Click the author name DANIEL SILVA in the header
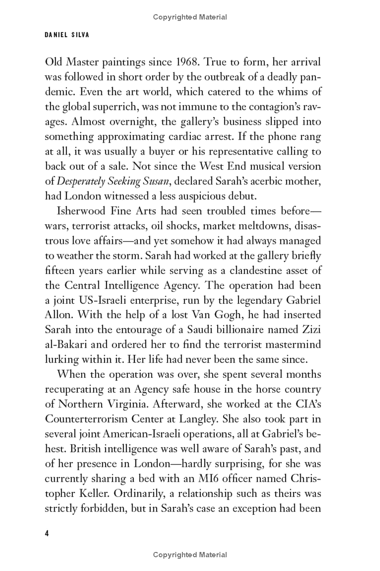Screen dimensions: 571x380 tap(66, 35)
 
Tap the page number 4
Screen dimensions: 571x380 tap(47, 533)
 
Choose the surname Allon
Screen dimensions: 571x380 tap(58, 315)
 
